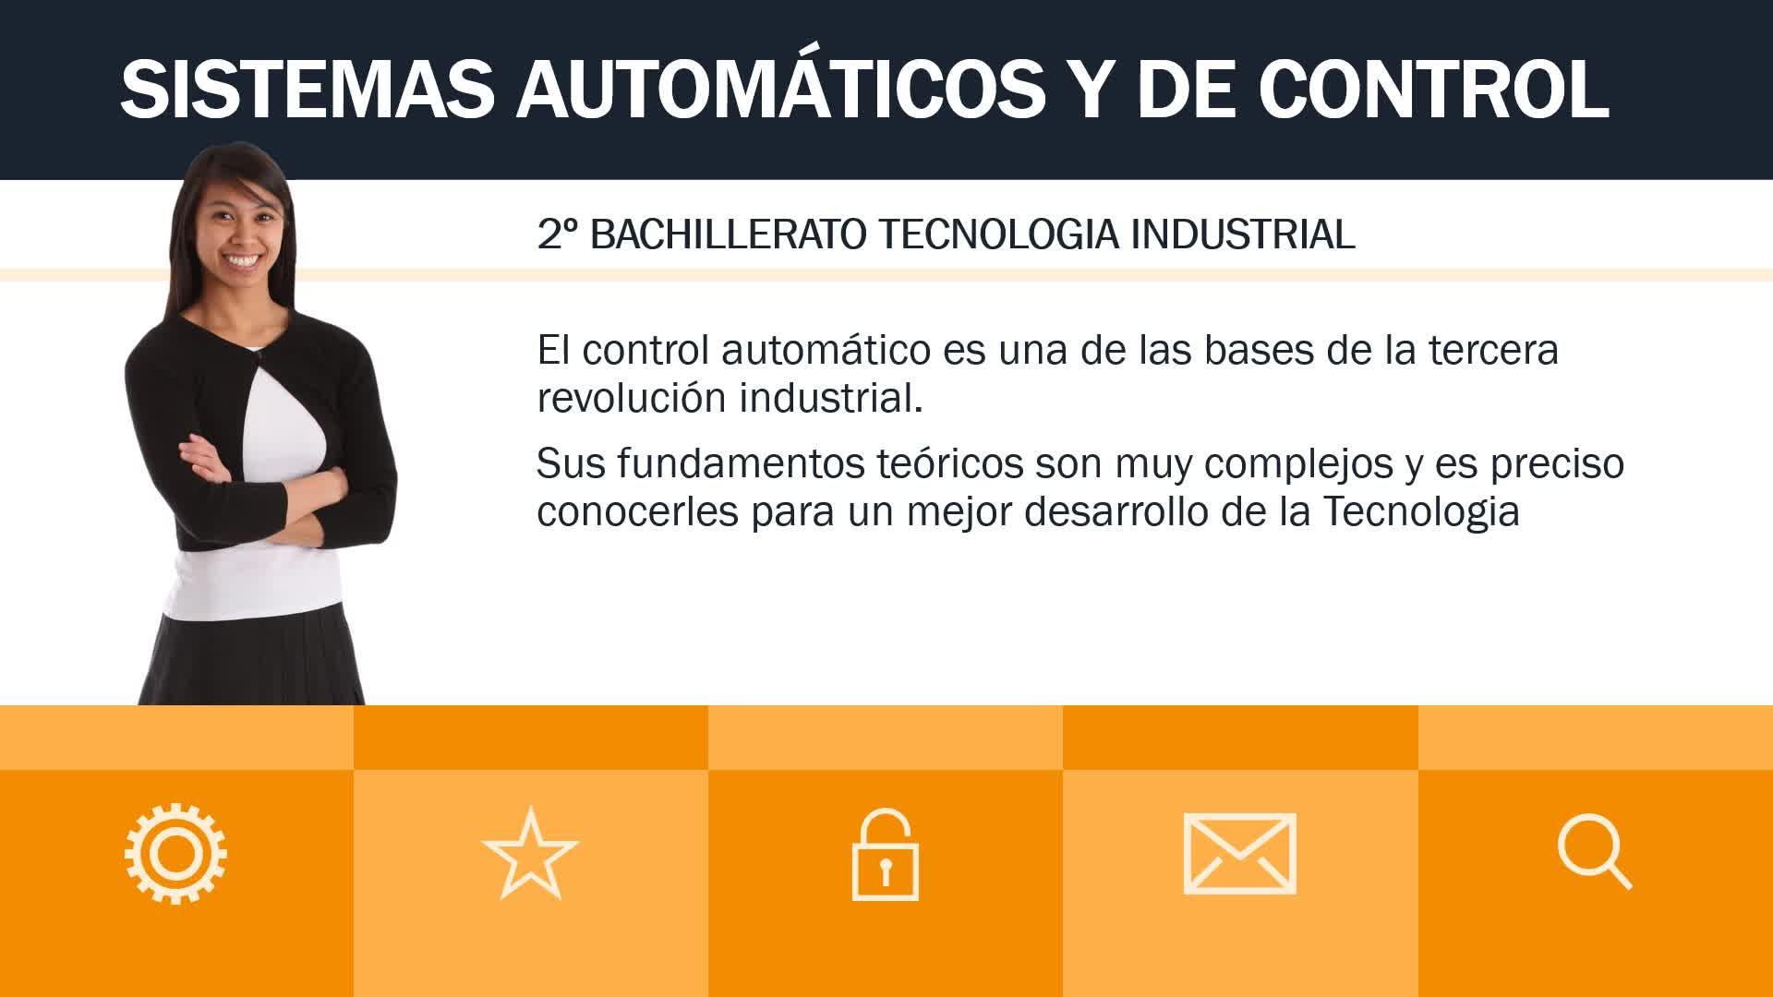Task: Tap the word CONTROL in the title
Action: pos(1433,90)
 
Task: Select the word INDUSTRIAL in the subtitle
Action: pos(1243,234)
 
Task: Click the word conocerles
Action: pos(638,511)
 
